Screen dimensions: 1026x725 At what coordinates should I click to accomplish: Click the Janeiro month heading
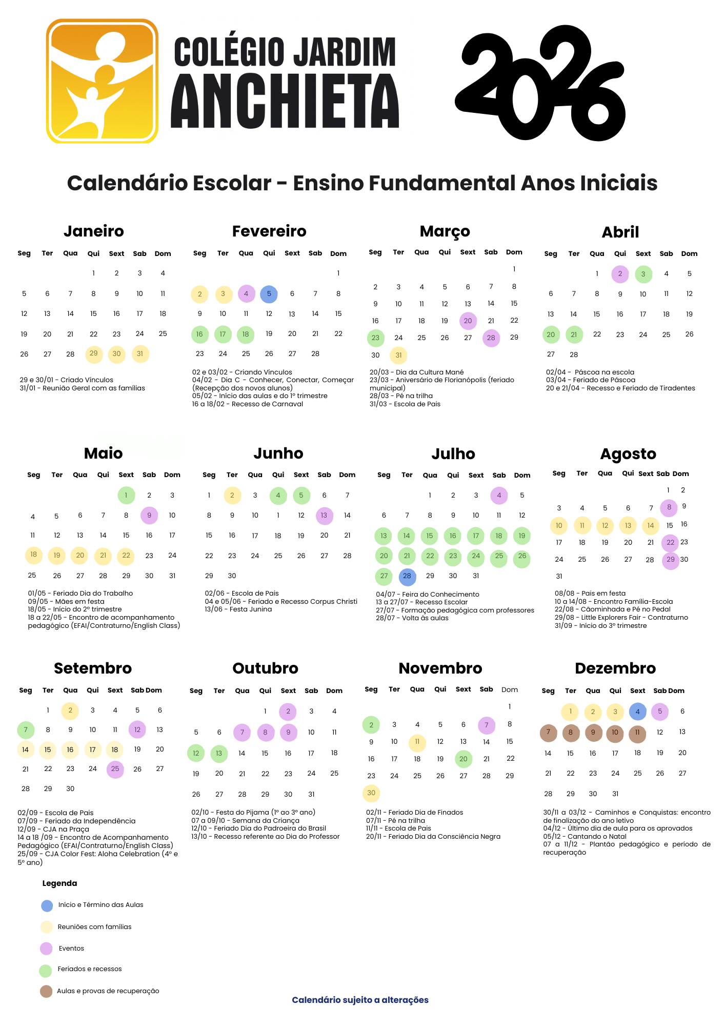click(x=94, y=231)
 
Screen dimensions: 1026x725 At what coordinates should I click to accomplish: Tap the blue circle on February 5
click(x=269, y=294)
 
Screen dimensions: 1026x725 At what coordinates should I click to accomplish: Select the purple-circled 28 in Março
click(x=491, y=338)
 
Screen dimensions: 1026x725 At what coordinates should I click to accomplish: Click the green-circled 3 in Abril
click(x=643, y=274)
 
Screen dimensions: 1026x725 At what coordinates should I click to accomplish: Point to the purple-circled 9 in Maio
click(x=149, y=516)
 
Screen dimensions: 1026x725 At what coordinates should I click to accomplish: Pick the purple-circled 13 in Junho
click(x=324, y=516)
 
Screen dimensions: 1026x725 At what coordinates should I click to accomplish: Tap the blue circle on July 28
click(x=407, y=576)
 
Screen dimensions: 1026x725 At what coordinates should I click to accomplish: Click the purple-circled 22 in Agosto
click(x=670, y=542)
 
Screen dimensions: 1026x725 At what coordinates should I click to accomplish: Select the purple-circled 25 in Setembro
click(x=115, y=769)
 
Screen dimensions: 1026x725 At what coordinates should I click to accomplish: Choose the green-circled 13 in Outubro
click(x=219, y=753)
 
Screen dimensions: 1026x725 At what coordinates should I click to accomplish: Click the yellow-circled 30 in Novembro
click(x=371, y=793)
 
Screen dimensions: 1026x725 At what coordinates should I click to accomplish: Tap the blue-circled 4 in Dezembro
click(x=637, y=712)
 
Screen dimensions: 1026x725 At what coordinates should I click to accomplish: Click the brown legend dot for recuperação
click(x=46, y=991)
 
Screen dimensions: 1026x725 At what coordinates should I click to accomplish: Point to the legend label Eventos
click(x=71, y=949)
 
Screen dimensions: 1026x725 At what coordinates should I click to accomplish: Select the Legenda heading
click(x=59, y=883)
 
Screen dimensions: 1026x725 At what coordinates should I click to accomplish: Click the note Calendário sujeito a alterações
click(x=360, y=1000)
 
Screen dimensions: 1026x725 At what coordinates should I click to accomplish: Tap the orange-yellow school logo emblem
click(x=102, y=81)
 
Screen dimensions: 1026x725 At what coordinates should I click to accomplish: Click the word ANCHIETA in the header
click(x=285, y=102)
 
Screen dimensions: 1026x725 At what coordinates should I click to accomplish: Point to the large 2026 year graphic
click(x=540, y=82)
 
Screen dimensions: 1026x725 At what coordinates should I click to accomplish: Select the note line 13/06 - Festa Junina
click(x=238, y=609)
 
